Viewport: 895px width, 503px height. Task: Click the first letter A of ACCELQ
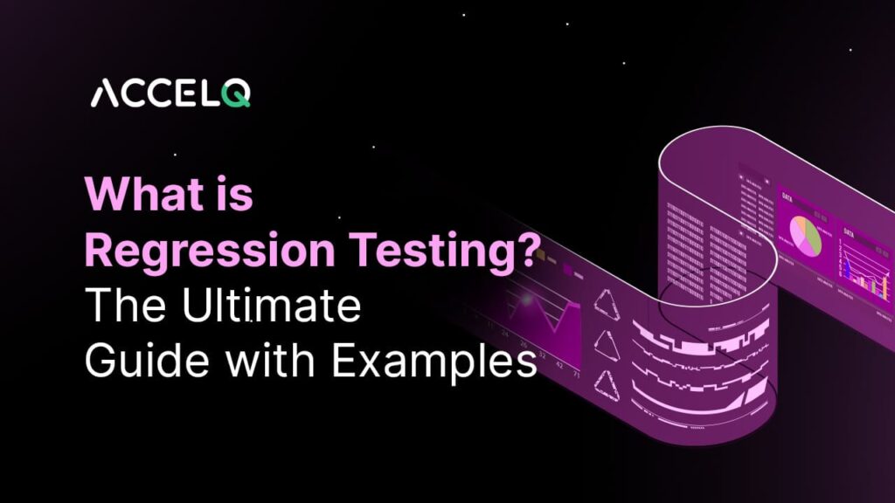(107, 93)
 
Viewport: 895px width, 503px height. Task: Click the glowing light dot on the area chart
(527, 300)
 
